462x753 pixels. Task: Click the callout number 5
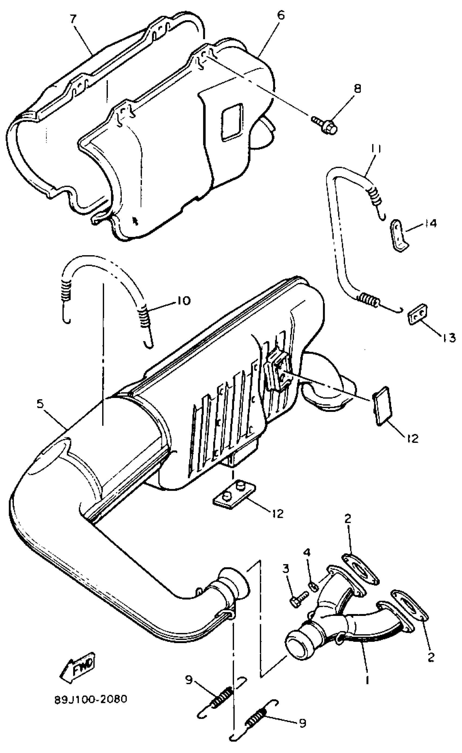tap(40, 404)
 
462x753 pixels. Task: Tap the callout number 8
tap(357, 89)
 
